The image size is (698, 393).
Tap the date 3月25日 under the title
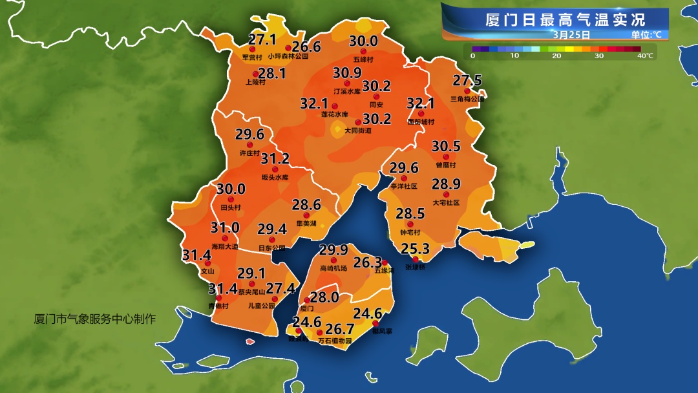click(571, 34)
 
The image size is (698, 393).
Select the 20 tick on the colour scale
click(556, 56)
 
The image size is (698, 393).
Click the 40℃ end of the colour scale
click(644, 56)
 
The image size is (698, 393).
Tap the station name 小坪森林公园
click(288, 57)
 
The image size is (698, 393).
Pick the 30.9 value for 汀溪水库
click(347, 73)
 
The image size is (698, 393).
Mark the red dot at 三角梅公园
click(467, 91)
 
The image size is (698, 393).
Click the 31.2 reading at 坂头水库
click(275, 159)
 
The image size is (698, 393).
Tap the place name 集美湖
click(306, 224)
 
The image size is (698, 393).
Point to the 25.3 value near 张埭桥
click(416, 249)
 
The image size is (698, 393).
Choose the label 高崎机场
click(333, 268)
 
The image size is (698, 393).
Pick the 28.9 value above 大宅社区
click(446, 185)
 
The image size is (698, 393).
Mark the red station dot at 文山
click(207, 264)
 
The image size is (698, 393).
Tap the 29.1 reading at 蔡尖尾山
click(251, 273)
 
